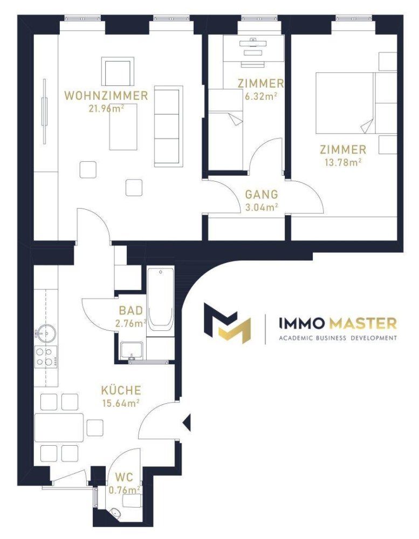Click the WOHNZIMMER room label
pyautogui.click(x=106, y=96)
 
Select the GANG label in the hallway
pyautogui.click(x=262, y=195)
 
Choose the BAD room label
pyautogui.click(x=131, y=311)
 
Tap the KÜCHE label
pyautogui.click(x=121, y=390)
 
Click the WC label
pyautogui.click(x=124, y=478)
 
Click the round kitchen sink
pyautogui.click(x=46, y=334)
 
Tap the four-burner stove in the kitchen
pyautogui.click(x=46, y=356)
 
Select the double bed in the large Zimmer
pyautogui.click(x=344, y=103)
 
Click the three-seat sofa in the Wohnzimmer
pyautogui.click(x=168, y=126)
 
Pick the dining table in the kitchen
pyautogui.click(x=59, y=427)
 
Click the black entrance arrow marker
pyautogui.click(x=187, y=423)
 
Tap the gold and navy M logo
pyautogui.click(x=227, y=323)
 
